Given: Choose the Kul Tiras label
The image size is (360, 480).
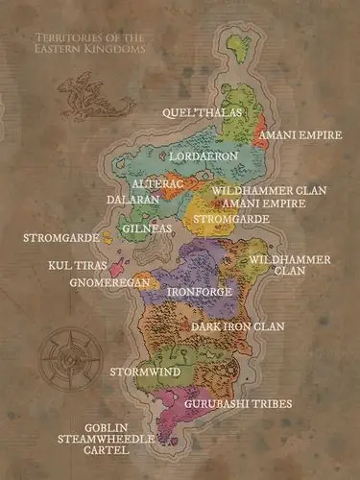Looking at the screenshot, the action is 78,264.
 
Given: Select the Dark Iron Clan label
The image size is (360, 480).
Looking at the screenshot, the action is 237,326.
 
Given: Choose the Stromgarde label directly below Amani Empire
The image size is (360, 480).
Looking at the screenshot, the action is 230,219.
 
